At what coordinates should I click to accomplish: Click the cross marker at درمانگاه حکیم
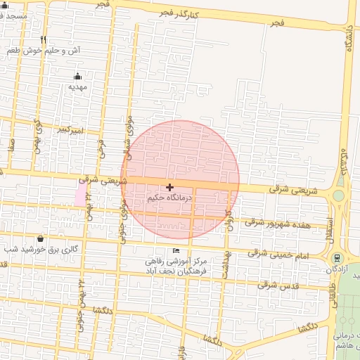point(169,187)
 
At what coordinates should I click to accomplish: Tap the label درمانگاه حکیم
point(169,198)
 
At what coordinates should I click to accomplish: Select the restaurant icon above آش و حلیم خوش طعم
point(44,40)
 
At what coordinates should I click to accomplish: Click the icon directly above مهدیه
point(77,76)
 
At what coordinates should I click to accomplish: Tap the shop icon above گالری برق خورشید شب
point(39,238)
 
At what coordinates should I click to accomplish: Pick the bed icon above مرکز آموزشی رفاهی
point(176,251)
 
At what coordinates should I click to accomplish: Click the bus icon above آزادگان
point(336,259)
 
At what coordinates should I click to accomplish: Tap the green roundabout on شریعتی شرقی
point(339,195)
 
